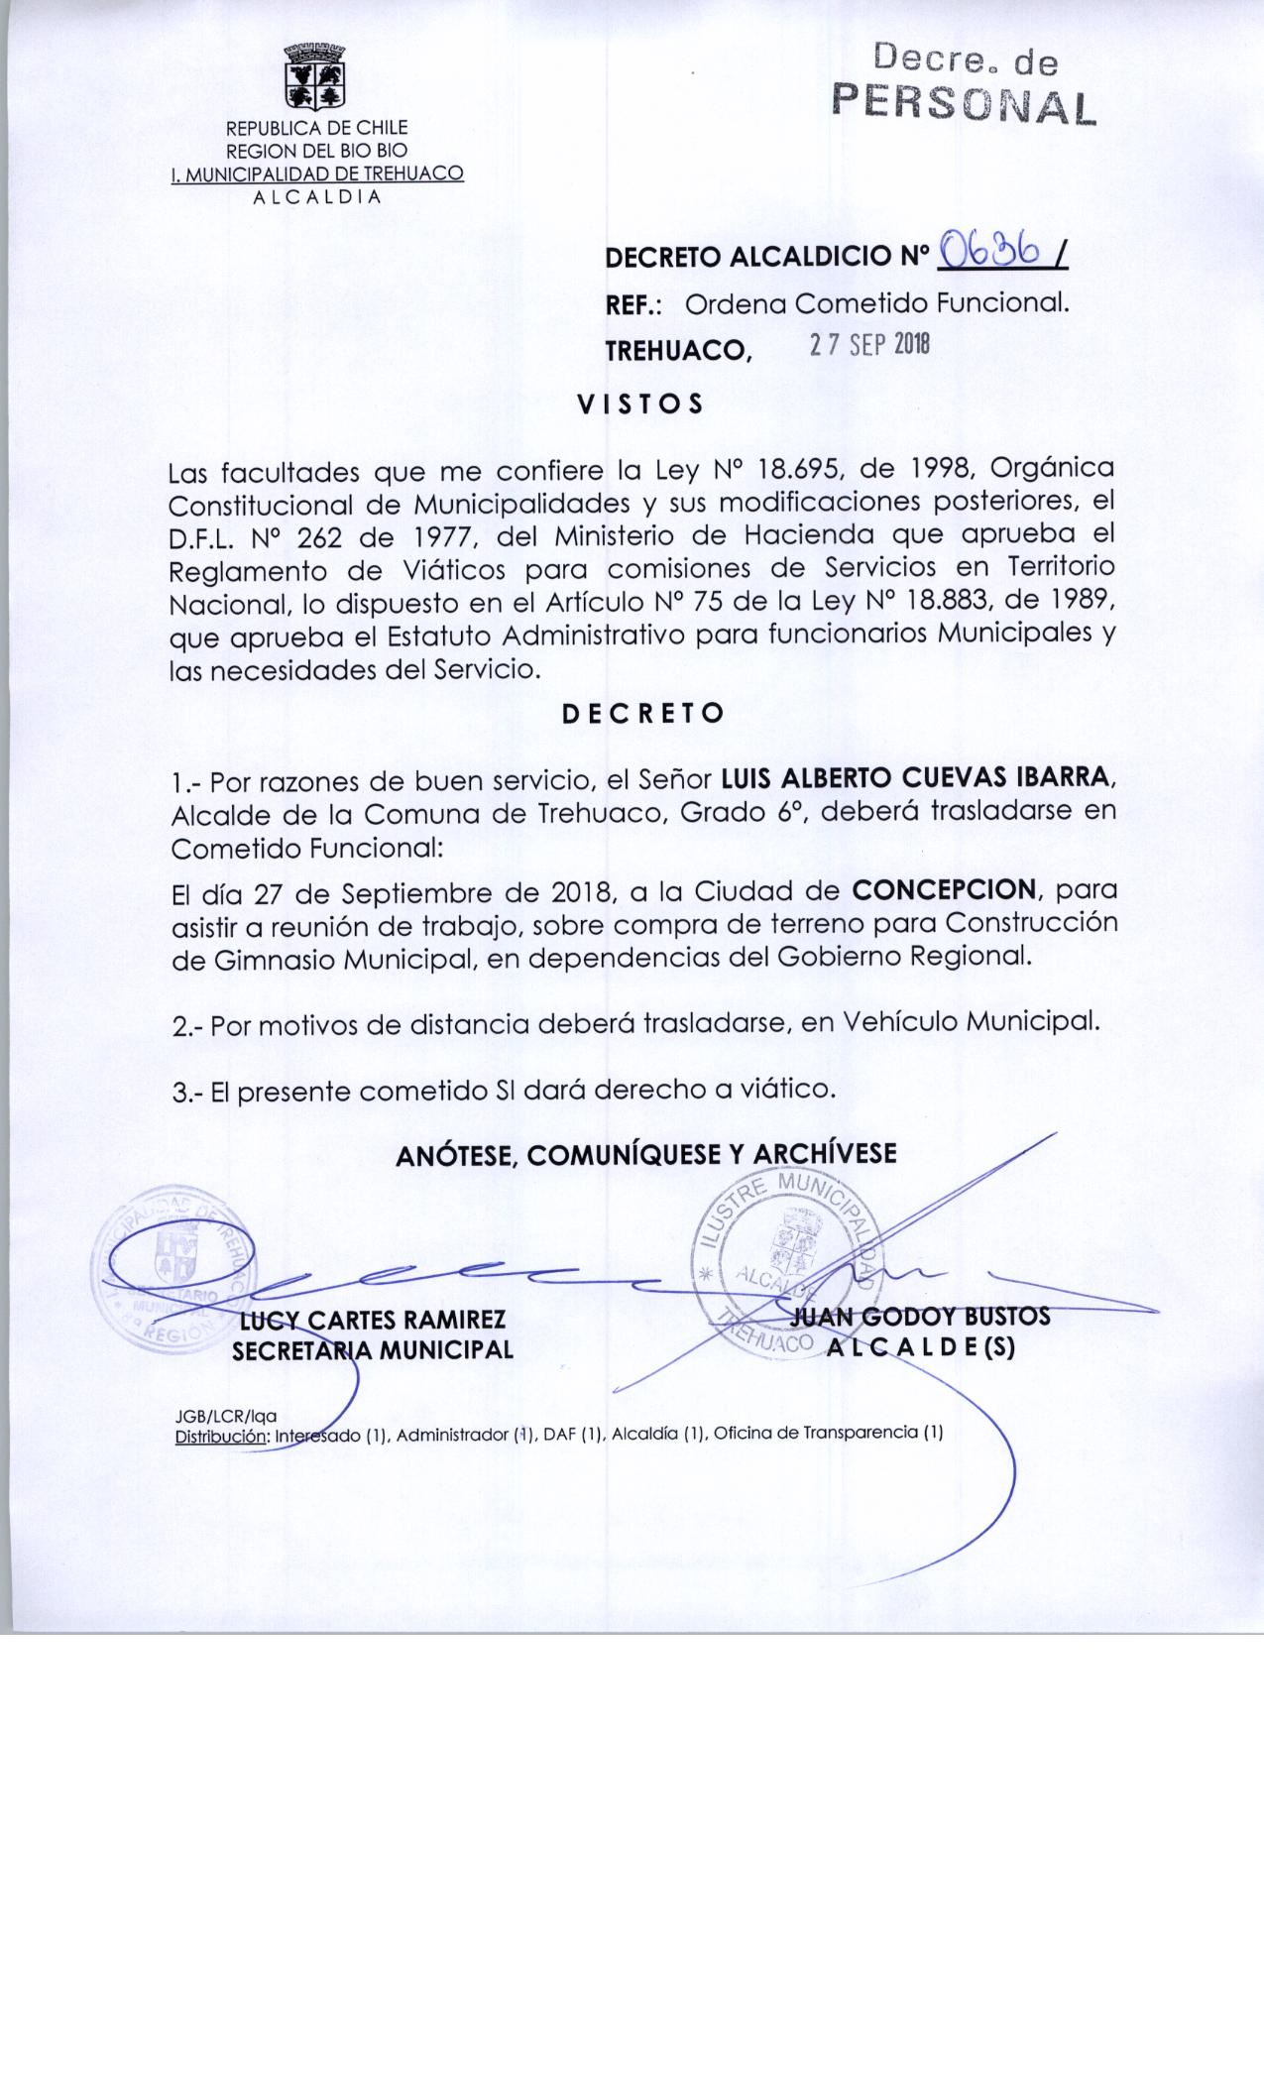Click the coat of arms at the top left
click(314, 76)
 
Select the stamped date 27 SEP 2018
click(869, 346)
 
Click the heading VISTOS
click(639, 404)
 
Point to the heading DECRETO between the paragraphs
click(642, 714)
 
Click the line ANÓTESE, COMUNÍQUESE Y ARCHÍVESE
click(645, 1154)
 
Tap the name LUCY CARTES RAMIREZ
click(374, 1320)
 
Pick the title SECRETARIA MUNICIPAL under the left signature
click(373, 1349)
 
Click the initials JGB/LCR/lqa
click(225, 1418)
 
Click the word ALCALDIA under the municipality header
click(316, 195)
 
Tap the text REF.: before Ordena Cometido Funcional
click(633, 303)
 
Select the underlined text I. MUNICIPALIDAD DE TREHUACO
click(317, 173)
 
